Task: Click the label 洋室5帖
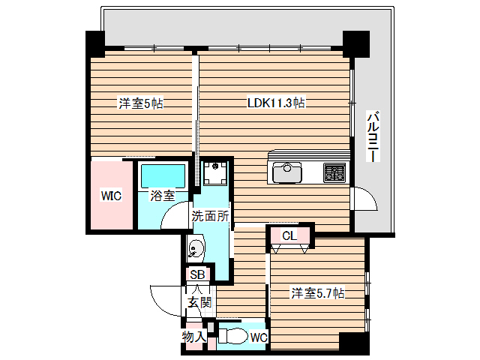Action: point(140,103)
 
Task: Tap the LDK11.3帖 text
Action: point(276,103)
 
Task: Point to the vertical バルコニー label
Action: point(373,137)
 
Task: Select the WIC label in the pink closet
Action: point(112,196)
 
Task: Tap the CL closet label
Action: point(289,235)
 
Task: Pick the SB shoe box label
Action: point(196,274)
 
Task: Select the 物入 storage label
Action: point(193,337)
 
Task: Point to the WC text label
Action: point(258,337)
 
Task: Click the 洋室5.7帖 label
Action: point(317,293)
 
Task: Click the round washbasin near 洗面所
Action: point(195,248)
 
